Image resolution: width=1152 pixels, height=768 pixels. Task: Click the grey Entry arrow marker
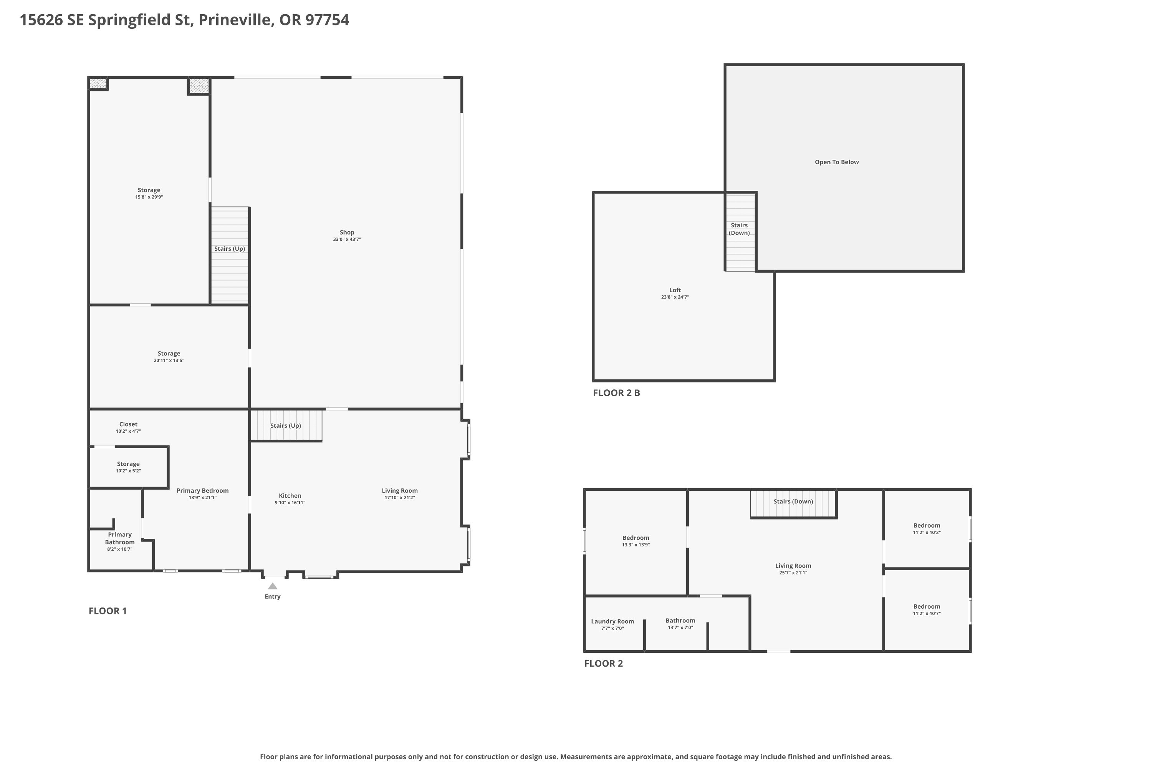272,586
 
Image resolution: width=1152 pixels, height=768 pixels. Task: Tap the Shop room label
347,232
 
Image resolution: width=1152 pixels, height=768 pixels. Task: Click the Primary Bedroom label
202,490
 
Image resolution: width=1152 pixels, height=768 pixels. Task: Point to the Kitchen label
290,496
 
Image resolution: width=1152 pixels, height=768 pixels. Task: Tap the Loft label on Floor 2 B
675,290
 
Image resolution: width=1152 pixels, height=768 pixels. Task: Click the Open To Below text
837,162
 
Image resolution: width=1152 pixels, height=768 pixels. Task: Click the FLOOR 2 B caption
616,393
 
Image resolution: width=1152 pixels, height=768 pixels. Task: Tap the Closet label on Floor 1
128,424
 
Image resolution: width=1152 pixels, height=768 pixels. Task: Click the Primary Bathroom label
119,538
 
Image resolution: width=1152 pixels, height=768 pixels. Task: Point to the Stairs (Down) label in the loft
739,229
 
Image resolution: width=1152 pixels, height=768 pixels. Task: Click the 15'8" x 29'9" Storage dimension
149,197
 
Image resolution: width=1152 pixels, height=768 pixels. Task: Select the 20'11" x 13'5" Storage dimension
169,361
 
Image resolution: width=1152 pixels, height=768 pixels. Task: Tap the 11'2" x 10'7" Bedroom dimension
927,613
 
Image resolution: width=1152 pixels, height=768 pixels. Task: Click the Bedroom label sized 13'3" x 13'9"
636,538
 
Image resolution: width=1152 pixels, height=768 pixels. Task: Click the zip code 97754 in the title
327,20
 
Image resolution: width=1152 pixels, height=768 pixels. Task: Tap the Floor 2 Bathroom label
680,621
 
